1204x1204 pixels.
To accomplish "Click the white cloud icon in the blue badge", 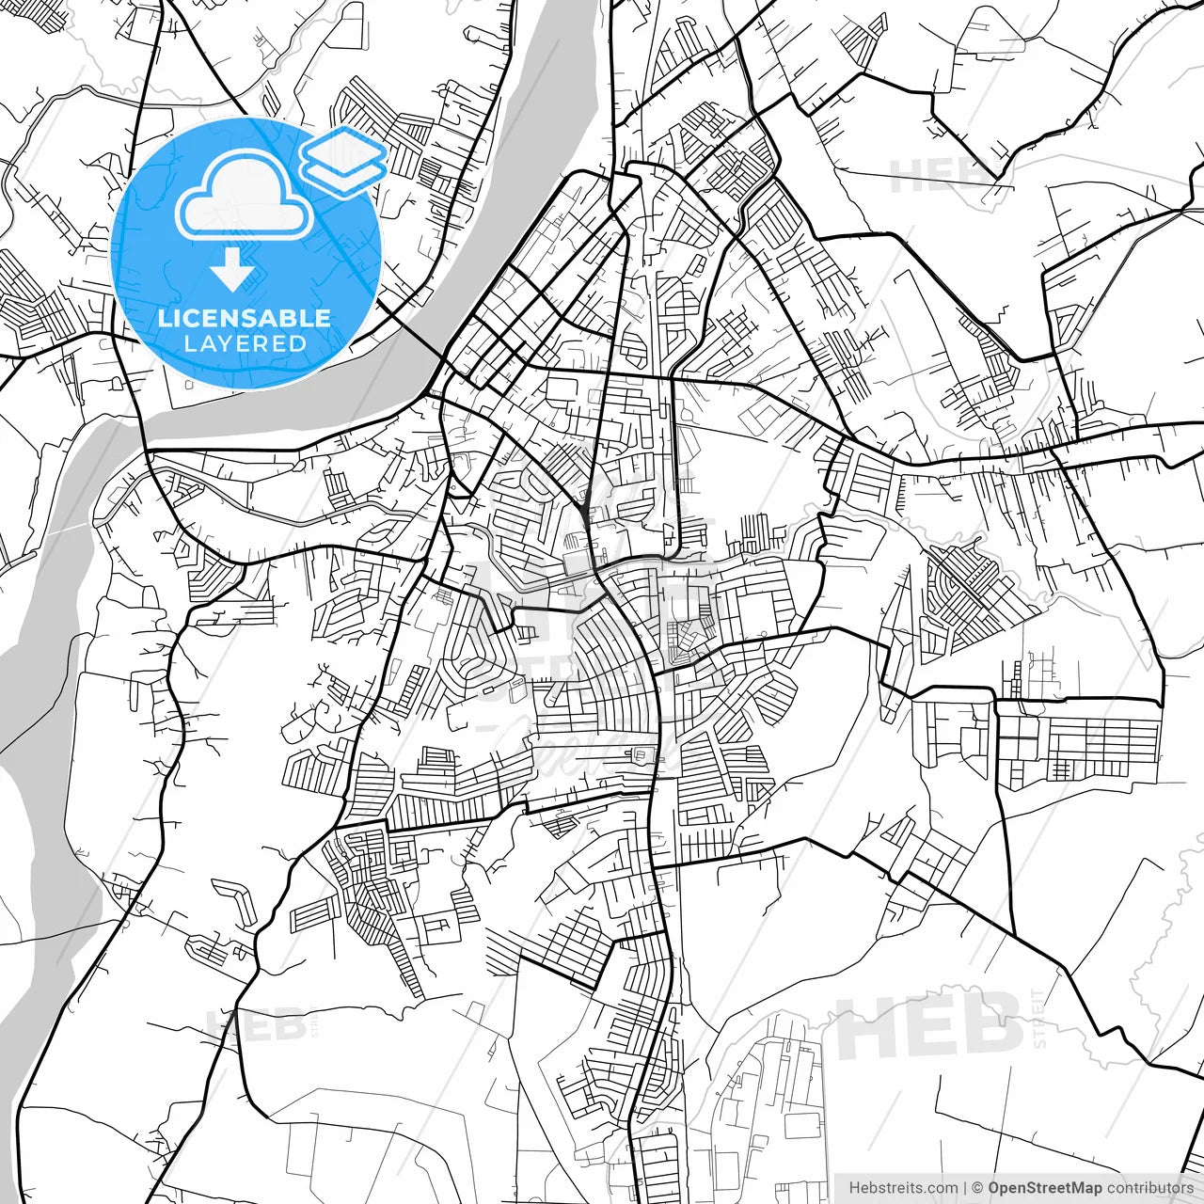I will pos(245,195).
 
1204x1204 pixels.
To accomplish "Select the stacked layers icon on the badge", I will pos(343,157).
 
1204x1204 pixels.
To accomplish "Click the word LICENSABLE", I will pos(245,318).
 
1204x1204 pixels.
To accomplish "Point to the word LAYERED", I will pos(245,343).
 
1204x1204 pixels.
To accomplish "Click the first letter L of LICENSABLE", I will pos(163,318).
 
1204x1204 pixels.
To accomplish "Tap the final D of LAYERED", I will pos(299,343).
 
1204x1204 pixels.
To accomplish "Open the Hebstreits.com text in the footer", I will pos(903,1188).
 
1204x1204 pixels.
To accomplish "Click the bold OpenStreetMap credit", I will pos(1045,1188).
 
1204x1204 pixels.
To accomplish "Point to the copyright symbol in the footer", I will pos(978,1188).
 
